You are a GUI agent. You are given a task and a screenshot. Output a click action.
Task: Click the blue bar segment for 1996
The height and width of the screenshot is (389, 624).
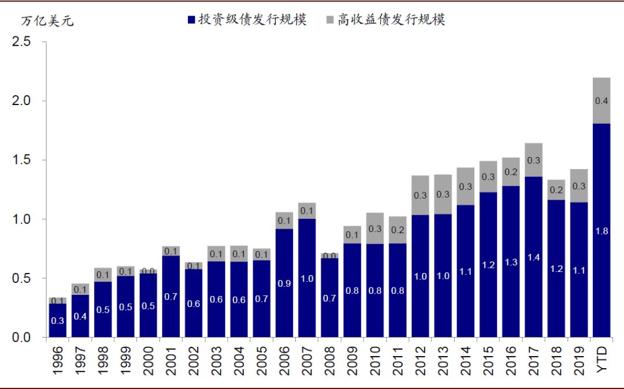click(x=58, y=320)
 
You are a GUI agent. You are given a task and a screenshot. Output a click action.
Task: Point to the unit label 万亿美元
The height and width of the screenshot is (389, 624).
click(x=47, y=22)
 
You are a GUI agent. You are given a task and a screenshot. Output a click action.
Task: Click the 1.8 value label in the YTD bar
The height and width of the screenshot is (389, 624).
click(x=601, y=231)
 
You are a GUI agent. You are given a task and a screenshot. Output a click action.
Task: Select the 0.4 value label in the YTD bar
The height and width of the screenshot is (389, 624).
click(x=601, y=101)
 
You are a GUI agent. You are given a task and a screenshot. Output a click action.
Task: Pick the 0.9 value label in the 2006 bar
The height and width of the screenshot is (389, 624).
click(x=284, y=283)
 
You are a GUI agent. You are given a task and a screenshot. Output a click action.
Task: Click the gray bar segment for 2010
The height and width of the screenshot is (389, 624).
click(x=375, y=229)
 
